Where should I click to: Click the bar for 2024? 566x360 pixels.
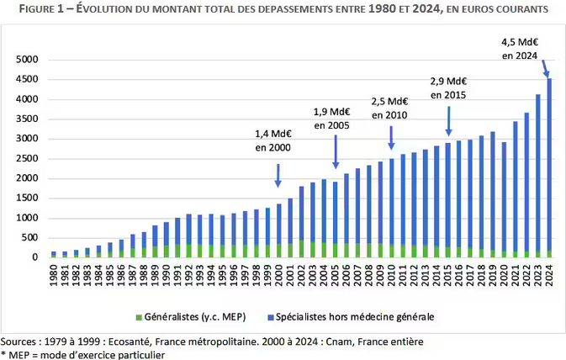click(549, 168)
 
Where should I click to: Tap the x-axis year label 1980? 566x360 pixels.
click(54, 273)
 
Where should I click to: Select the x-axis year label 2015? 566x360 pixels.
click(447, 273)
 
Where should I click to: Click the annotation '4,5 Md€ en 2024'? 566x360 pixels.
click(520, 48)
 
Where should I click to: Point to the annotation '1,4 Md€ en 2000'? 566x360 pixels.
click(273, 140)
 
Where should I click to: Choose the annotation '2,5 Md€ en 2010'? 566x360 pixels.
click(389, 108)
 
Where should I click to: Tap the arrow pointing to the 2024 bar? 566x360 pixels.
click(544, 67)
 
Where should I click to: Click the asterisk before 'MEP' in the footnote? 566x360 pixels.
click(3, 354)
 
